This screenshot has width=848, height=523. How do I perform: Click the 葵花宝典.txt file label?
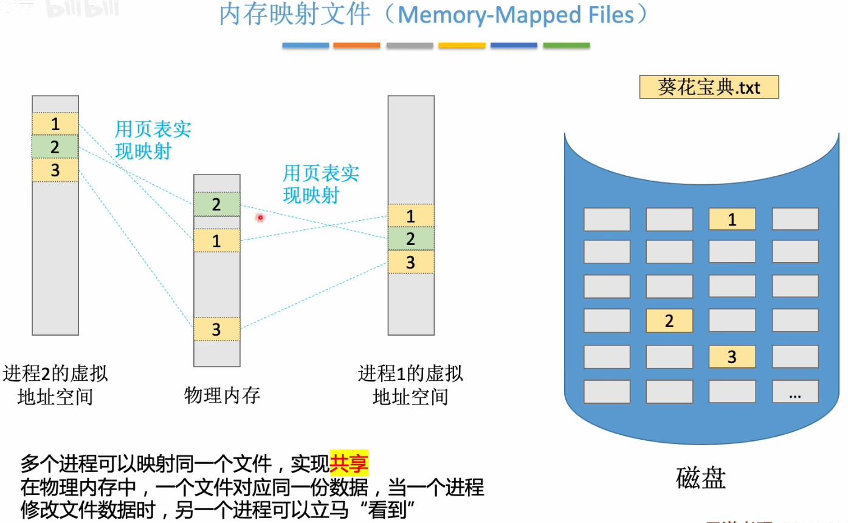click(709, 87)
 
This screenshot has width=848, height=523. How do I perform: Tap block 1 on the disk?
click(732, 219)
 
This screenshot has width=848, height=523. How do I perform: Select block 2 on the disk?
click(669, 320)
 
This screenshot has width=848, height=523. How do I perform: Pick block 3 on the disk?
click(732, 356)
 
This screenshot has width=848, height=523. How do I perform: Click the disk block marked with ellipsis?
click(795, 392)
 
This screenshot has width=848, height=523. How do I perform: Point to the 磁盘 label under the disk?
click(701, 478)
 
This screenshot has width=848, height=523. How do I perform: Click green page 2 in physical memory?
click(217, 204)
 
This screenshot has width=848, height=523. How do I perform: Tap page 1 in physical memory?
click(217, 241)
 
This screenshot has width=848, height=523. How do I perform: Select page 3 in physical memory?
click(217, 330)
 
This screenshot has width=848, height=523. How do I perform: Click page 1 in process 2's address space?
click(55, 124)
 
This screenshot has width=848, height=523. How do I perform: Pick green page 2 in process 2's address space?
click(55, 147)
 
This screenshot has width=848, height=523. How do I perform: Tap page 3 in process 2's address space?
click(55, 170)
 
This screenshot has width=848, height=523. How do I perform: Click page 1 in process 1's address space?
click(411, 216)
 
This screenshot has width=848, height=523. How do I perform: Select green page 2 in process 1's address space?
click(411, 239)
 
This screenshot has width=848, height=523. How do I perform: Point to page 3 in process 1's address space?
click(411, 262)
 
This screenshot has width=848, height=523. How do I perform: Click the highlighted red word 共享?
click(350, 465)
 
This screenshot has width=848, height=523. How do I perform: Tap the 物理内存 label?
click(222, 396)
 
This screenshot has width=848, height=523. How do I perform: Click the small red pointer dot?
click(260, 217)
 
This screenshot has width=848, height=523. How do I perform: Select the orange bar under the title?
click(357, 46)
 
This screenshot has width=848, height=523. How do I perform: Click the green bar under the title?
click(566, 46)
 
